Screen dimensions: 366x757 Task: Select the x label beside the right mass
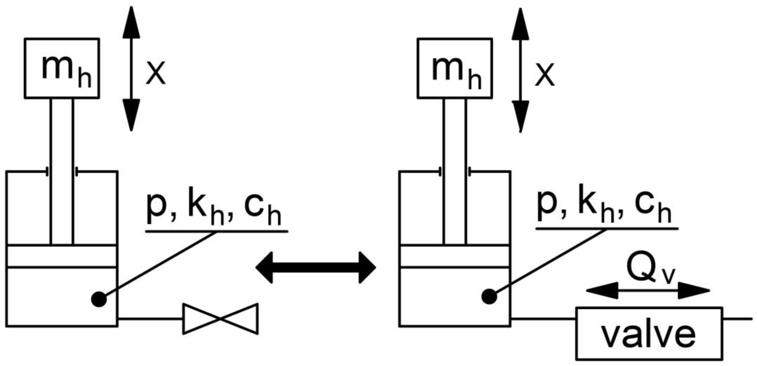tap(545, 75)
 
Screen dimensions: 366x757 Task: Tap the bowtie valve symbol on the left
tap(220, 319)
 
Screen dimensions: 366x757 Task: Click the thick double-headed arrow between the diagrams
tap(316, 267)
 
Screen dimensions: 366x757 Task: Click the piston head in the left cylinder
tap(62, 256)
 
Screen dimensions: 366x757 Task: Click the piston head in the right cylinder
tap(455, 256)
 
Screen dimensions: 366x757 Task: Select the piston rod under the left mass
tap(62, 170)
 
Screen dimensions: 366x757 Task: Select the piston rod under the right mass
tap(455, 170)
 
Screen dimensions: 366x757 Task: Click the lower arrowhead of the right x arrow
tap(520, 116)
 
